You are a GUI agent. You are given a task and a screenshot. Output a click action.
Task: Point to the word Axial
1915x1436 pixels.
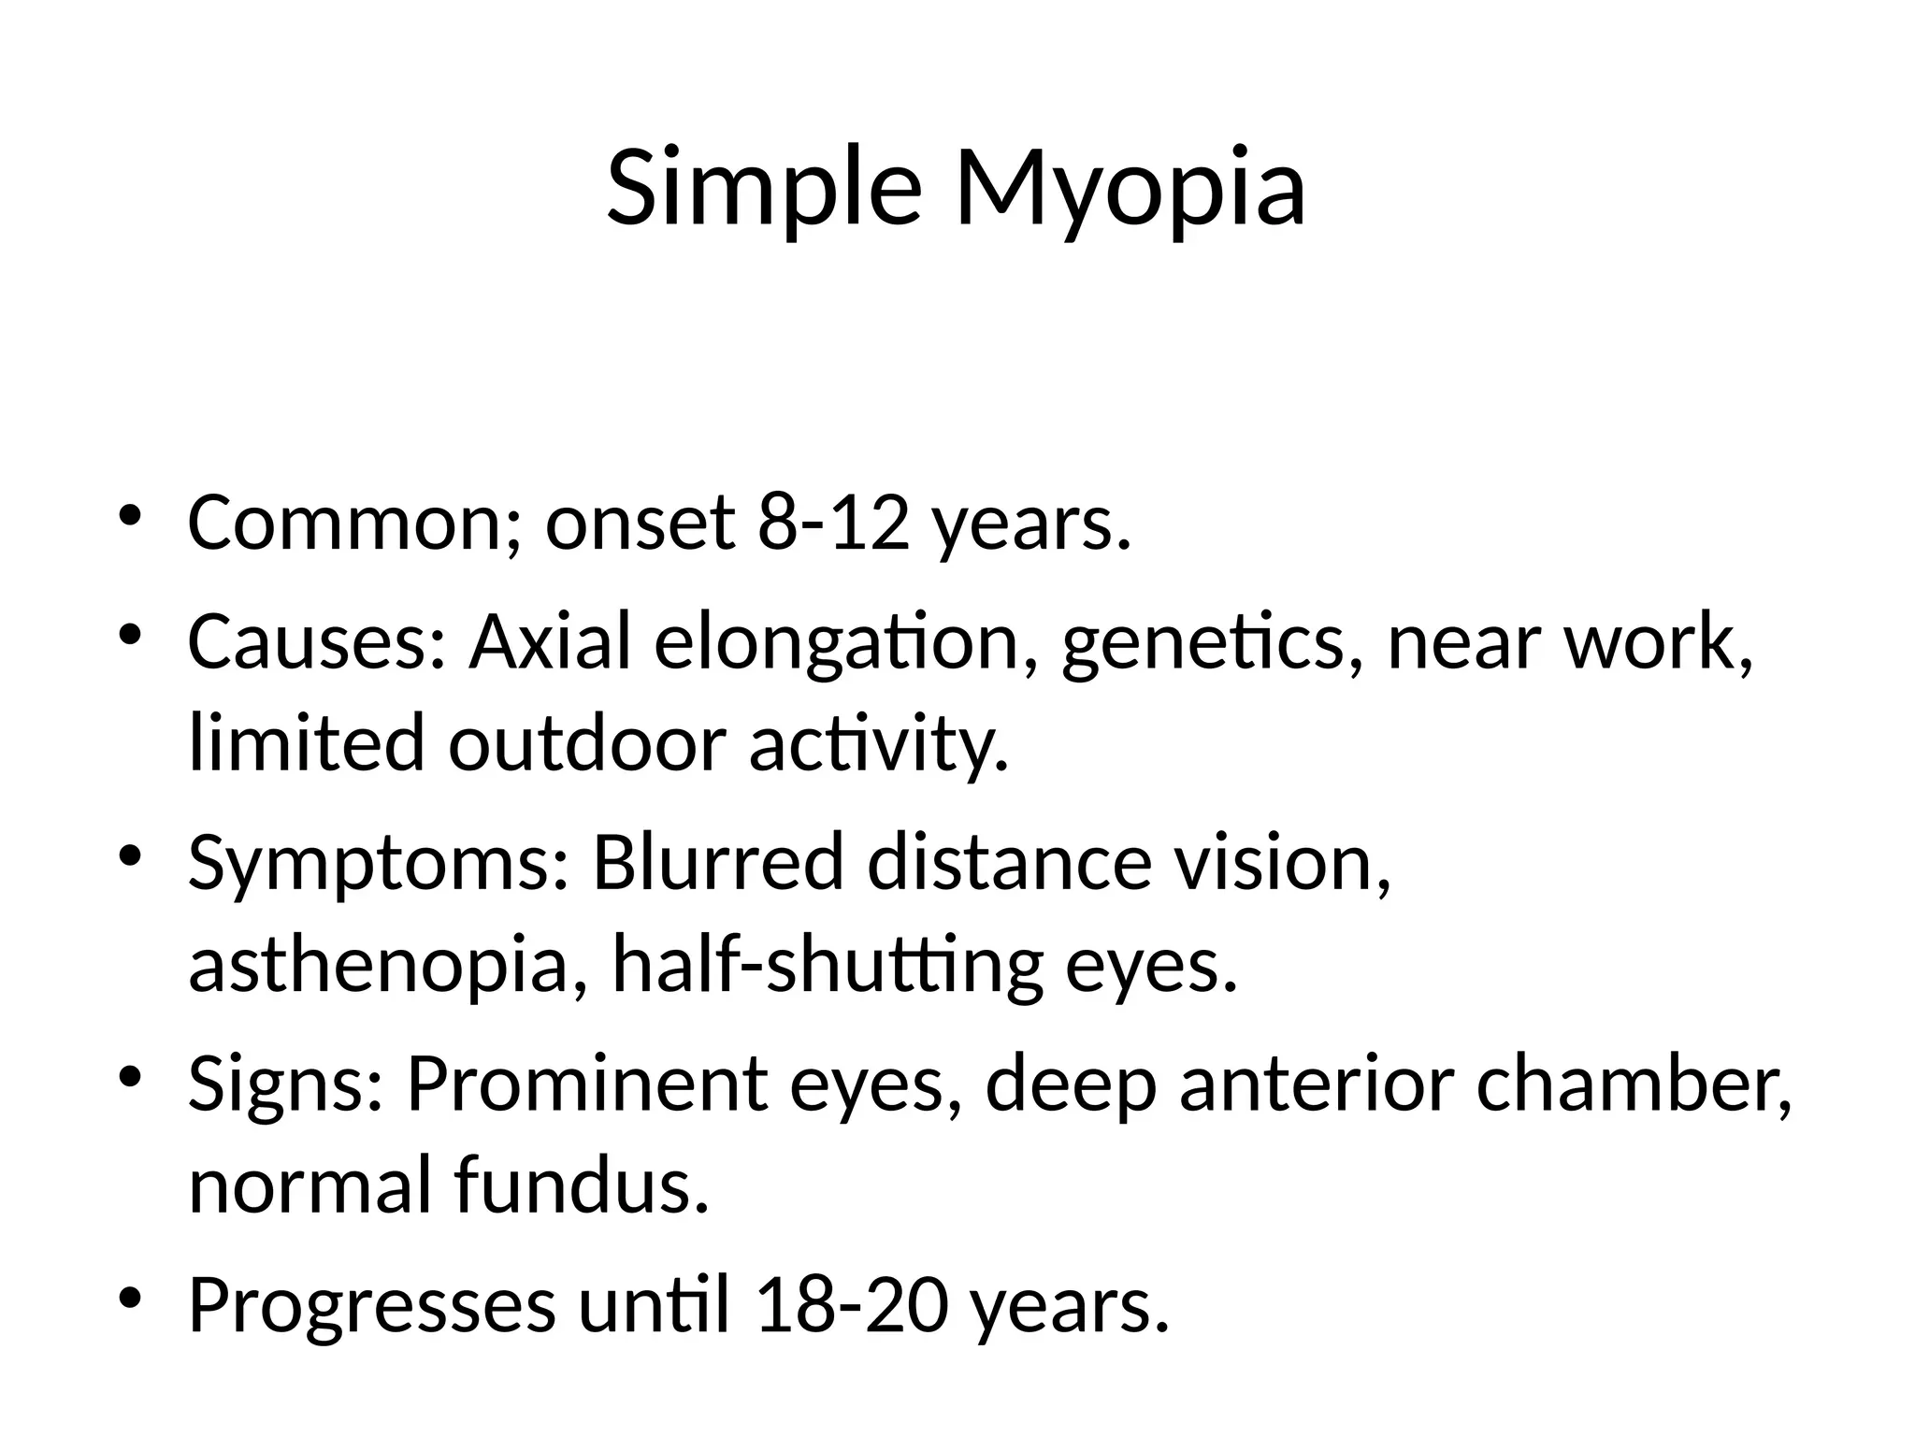(x=551, y=642)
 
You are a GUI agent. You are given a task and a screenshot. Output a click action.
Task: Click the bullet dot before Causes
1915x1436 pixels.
(x=129, y=635)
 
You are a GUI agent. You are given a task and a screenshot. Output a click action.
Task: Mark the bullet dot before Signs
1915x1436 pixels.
(x=129, y=1077)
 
